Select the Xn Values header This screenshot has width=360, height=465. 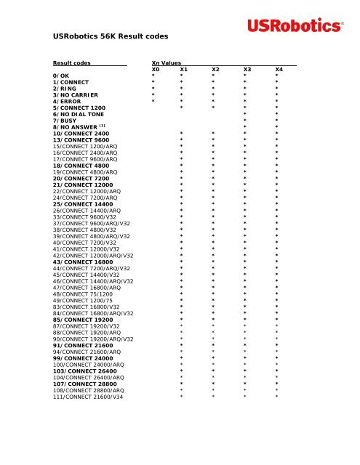click(x=167, y=63)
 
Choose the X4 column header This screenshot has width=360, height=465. click(x=279, y=69)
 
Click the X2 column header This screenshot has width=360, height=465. click(x=215, y=69)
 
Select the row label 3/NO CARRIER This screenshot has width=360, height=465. click(x=76, y=94)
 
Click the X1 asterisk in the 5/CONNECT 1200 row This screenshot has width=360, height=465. click(x=182, y=108)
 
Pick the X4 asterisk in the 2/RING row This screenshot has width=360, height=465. click(x=276, y=89)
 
